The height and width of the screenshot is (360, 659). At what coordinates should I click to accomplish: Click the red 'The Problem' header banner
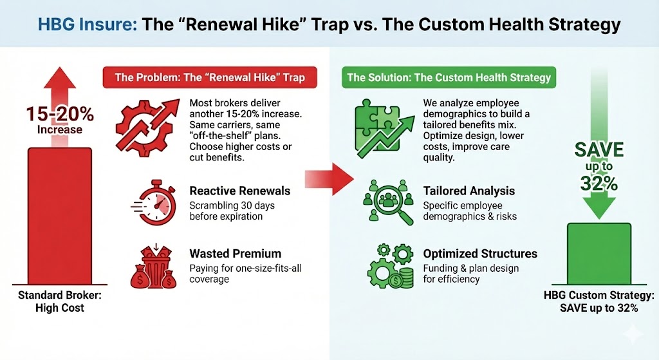click(x=209, y=78)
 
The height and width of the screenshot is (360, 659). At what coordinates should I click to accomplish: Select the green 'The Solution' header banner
click(x=449, y=78)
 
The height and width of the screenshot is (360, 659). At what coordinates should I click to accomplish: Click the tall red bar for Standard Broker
click(x=59, y=219)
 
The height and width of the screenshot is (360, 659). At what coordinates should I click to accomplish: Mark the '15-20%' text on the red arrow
click(x=59, y=115)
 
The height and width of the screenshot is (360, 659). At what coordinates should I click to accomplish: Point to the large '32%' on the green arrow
click(x=599, y=184)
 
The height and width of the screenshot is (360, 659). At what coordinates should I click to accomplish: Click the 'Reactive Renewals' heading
click(x=240, y=191)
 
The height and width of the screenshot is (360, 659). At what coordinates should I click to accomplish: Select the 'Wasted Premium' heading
click(x=236, y=254)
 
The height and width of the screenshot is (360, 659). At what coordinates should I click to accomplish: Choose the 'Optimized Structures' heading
click(x=480, y=254)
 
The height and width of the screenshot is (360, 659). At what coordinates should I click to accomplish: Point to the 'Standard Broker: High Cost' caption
click(x=59, y=303)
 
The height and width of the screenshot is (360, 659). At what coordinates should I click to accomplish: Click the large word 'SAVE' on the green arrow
click(x=599, y=151)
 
